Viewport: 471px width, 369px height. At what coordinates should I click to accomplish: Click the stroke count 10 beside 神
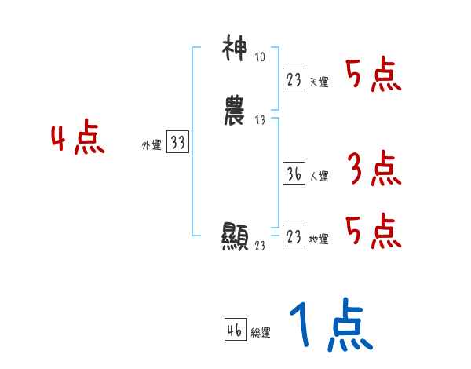261,57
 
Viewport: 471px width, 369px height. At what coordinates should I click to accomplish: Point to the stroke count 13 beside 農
261,119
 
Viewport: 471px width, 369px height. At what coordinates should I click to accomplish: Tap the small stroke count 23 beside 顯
261,245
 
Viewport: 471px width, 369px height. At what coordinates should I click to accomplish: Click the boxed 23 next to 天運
294,79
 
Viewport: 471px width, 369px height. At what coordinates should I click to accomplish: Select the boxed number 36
294,174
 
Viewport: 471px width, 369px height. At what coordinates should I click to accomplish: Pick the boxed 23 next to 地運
294,236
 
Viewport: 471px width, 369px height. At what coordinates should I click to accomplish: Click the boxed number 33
177,142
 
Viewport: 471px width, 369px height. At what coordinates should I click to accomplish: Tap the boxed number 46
235,331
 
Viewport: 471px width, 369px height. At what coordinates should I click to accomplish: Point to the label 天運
319,82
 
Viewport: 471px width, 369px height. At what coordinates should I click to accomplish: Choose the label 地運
319,239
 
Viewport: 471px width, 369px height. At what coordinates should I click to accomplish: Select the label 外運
152,145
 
